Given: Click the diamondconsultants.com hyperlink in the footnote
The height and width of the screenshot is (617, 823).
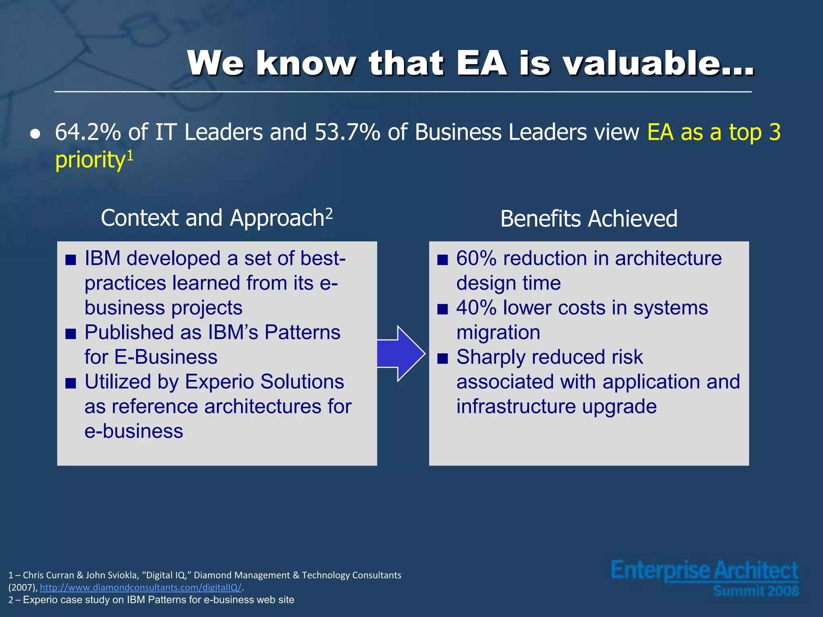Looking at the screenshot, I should pos(141,588).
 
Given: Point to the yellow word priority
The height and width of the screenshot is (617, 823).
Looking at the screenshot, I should pos(90,160).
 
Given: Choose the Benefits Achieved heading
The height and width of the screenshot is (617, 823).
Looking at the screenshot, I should pos(589,219).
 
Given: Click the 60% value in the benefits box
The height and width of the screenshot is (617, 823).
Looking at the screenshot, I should pos(476,258).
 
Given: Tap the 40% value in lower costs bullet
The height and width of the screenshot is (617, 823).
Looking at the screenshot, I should pos(476,308).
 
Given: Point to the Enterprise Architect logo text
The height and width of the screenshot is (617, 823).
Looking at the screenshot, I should pos(704,571).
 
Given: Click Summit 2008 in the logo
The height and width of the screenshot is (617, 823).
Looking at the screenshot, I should pos(755,591).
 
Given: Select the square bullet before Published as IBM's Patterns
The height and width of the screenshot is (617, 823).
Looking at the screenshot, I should pos(71,334).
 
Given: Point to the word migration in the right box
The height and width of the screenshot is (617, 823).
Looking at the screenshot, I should pos(498,333).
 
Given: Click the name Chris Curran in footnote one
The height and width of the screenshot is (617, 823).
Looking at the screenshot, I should pos(48,575).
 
